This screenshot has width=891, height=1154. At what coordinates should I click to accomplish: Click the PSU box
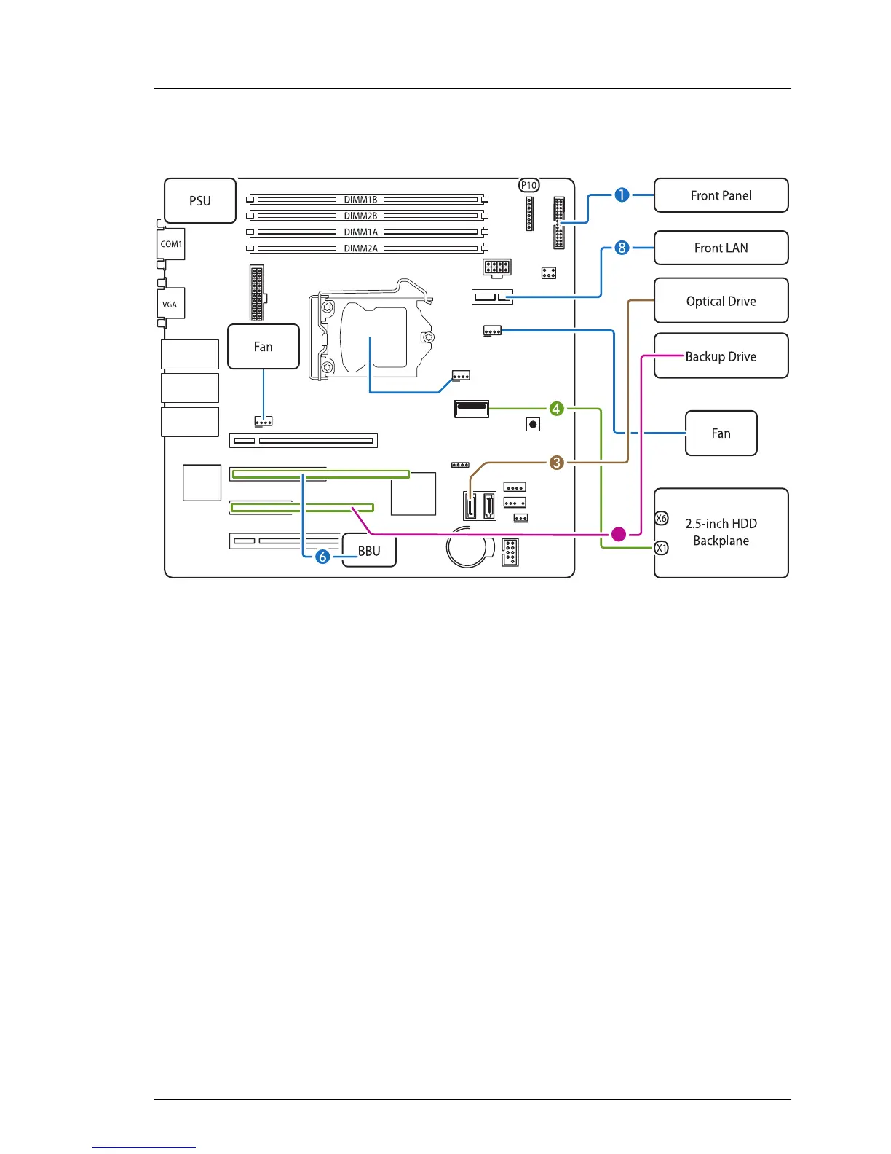(200, 201)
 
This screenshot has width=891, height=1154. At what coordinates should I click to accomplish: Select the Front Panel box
(721, 195)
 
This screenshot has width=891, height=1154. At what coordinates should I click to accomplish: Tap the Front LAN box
(721, 248)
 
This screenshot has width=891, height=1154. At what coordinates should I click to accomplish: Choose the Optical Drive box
(721, 301)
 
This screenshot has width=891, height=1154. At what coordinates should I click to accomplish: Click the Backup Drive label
(721, 356)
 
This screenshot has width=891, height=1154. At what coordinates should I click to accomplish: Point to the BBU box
(369, 551)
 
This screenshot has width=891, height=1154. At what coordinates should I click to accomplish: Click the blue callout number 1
(622, 195)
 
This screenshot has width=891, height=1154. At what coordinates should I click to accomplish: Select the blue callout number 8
(622, 248)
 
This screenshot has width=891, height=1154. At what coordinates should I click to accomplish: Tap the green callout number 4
(556, 409)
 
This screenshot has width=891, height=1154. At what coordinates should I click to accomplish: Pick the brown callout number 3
(556, 462)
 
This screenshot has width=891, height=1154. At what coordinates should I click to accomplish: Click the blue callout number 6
(322, 557)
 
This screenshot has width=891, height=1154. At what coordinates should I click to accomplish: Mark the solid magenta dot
(618, 534)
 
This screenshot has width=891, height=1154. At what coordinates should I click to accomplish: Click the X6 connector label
(661, 518)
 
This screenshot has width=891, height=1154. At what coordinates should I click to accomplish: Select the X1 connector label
(661, 548)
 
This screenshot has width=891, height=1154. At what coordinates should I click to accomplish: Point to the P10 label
(529, 185)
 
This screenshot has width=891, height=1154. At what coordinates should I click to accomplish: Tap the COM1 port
(171, 244)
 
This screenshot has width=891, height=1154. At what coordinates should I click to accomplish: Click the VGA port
(170, 304)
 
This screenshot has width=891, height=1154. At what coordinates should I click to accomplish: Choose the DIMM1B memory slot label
(360, 200)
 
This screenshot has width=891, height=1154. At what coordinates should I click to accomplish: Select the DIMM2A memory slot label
(360, 248)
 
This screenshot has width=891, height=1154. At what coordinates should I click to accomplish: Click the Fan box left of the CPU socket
(264, 347)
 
